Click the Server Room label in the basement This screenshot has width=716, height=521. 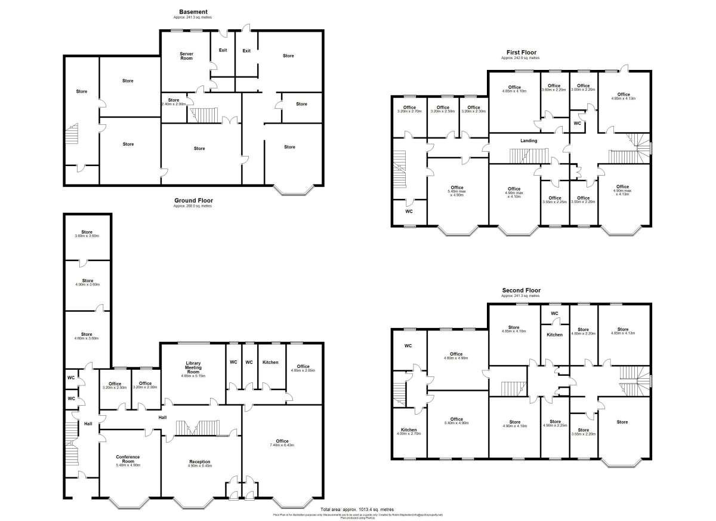tap(187, 56)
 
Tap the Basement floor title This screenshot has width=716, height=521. tap(193, 12)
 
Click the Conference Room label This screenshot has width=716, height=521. tap(128, 460)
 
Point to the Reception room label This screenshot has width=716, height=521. tap(200, 462)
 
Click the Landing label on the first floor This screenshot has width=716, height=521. tap(529, 141)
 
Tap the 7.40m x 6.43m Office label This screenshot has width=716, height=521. tap(282, 443)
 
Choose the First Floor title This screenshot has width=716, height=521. tap(520, 53)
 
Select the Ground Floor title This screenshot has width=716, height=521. tap(193, 201)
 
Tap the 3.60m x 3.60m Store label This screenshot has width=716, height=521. tap(88, 234)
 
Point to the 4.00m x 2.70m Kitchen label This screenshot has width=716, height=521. tap(409, 432)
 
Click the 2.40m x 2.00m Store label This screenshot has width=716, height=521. tap(174, 102)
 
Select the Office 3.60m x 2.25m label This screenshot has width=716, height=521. tap(554, 87)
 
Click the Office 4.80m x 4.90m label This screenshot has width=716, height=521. tap(456, 356)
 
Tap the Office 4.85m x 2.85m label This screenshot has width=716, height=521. tap(303, 369)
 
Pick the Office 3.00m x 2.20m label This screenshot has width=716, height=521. tap(584, 87)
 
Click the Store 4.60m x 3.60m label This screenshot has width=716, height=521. tap(88, 336)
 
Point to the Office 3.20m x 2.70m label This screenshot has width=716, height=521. tap(409, 109)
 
